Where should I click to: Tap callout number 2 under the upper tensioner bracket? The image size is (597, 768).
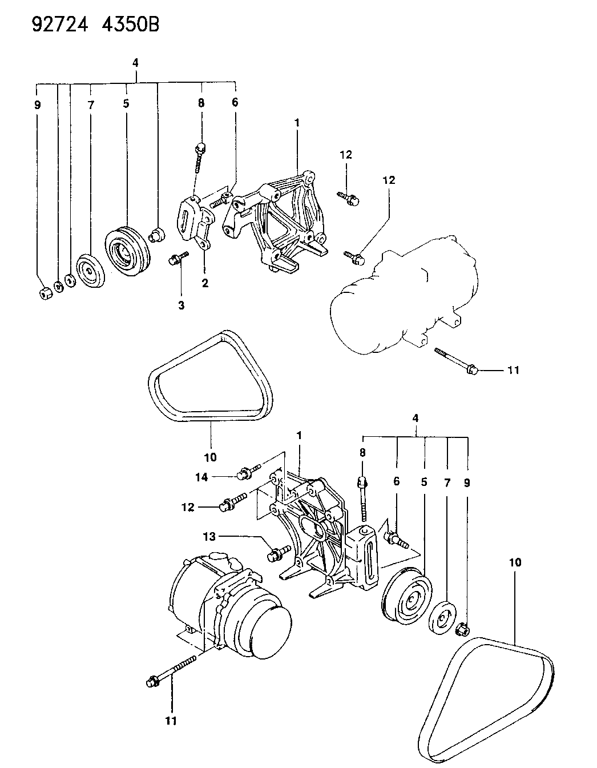coord(204,282)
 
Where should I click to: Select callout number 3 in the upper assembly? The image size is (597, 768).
coord(181,305)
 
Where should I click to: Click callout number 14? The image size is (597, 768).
coord(201,477)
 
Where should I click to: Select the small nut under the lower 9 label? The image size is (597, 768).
coord(463,630)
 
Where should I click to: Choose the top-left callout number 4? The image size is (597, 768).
coord(135,63)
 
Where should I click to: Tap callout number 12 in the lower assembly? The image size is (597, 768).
coord(189,507)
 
